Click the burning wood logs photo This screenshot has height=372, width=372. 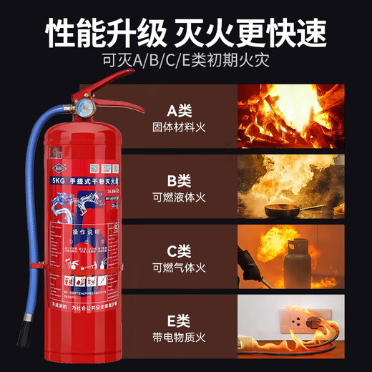290,117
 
